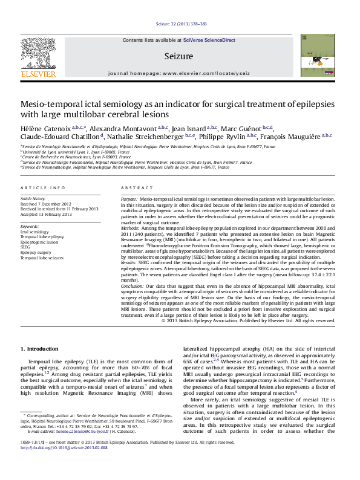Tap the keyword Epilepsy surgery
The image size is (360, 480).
click(x=36, y=253)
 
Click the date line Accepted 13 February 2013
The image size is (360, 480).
click(x=46, y=214)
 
